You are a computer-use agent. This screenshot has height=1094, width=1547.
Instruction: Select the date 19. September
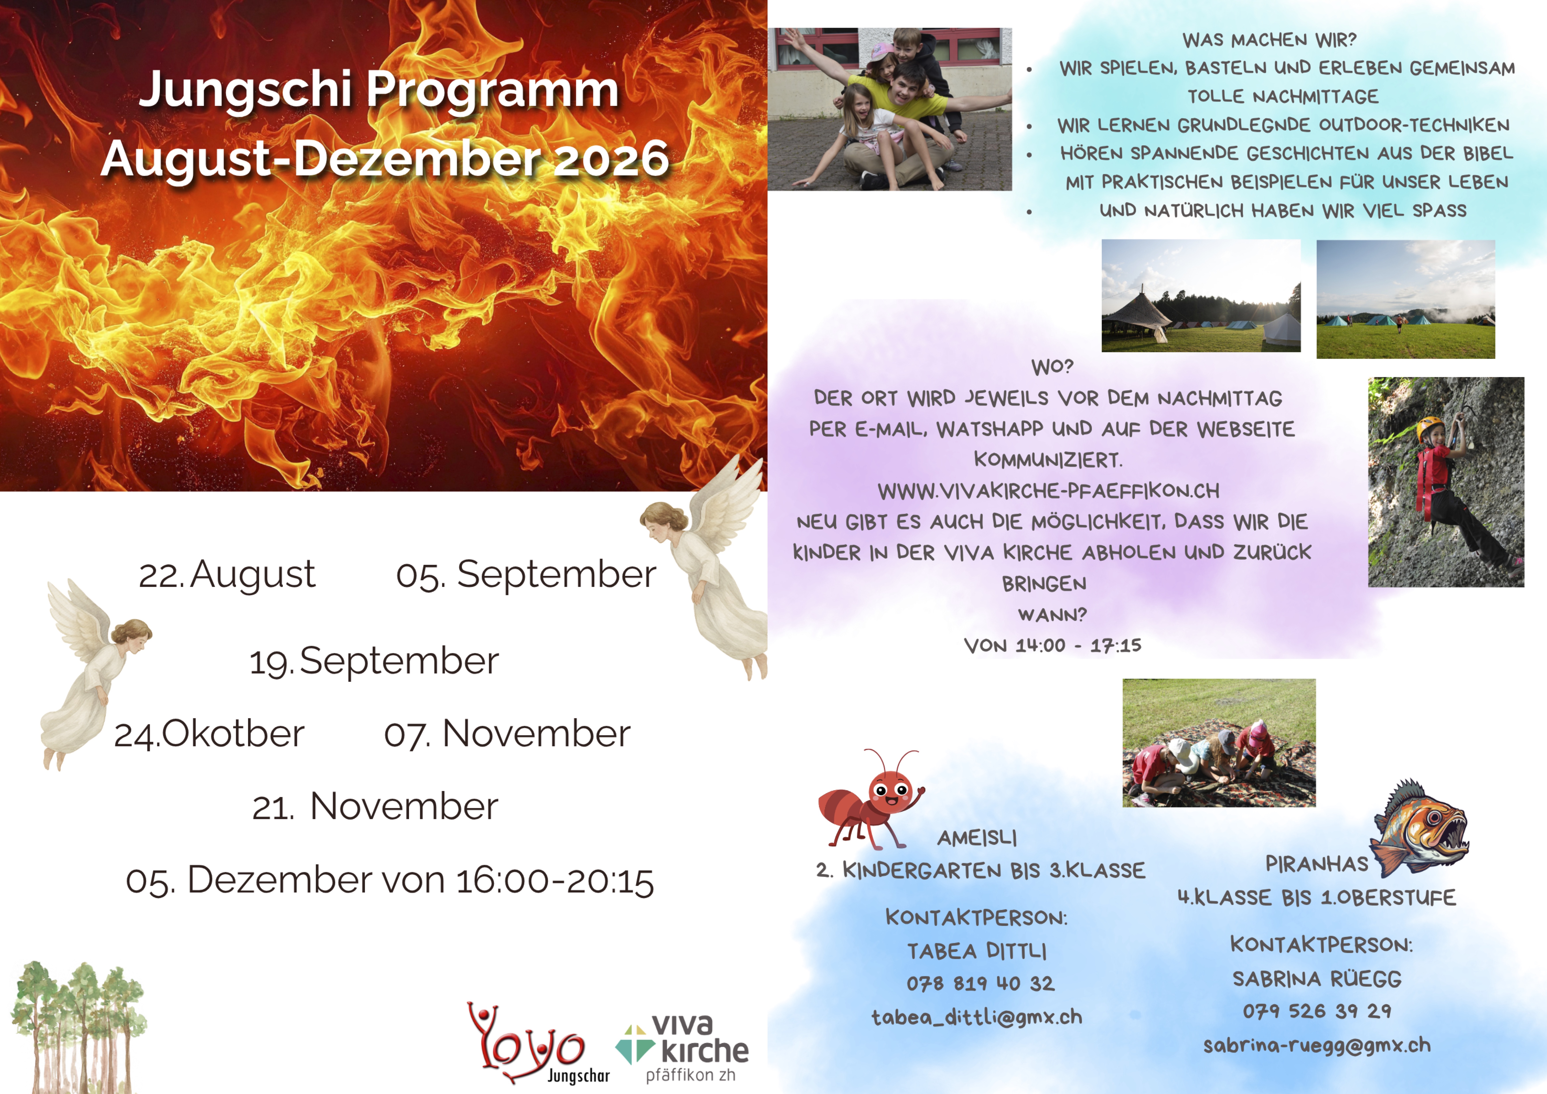point(374,661)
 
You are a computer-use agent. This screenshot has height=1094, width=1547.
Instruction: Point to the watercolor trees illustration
point(77,1026)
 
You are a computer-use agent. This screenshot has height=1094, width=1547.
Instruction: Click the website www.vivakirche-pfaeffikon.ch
point(1048,491)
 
